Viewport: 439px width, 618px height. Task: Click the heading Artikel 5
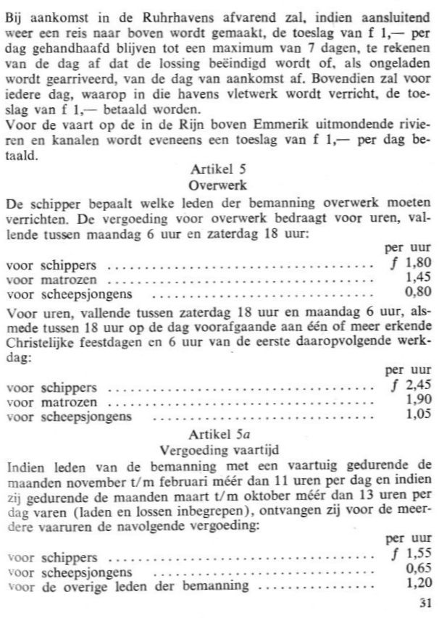pos(219,170)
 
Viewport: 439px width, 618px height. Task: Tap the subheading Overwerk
pos(219,184)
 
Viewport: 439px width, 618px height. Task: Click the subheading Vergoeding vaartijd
pos(220,448)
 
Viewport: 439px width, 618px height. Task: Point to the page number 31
pos(424,601)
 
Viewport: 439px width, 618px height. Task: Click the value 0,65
pos(418,567)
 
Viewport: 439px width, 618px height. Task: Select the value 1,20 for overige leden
pos(418,580)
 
